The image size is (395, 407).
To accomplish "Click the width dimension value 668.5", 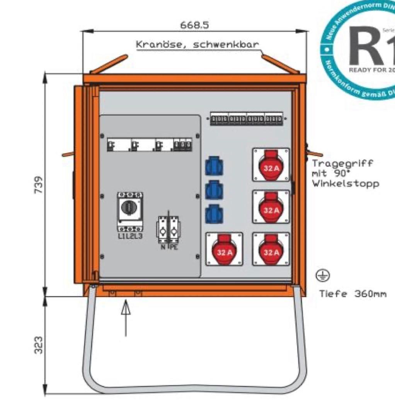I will [x=194, y=25].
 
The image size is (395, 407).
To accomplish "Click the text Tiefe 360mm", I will [x=352, y=294].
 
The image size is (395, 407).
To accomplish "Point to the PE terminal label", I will [x=174, y=246].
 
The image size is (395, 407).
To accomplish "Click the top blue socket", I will [x=214, y=167].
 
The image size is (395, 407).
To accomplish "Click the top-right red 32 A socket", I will [x=271, y=165].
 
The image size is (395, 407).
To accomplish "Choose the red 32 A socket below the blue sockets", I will [x=225, y=249].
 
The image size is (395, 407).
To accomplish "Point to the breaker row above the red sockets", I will [x=246, y=119].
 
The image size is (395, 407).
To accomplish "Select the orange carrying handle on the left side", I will [x=69, y=154].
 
